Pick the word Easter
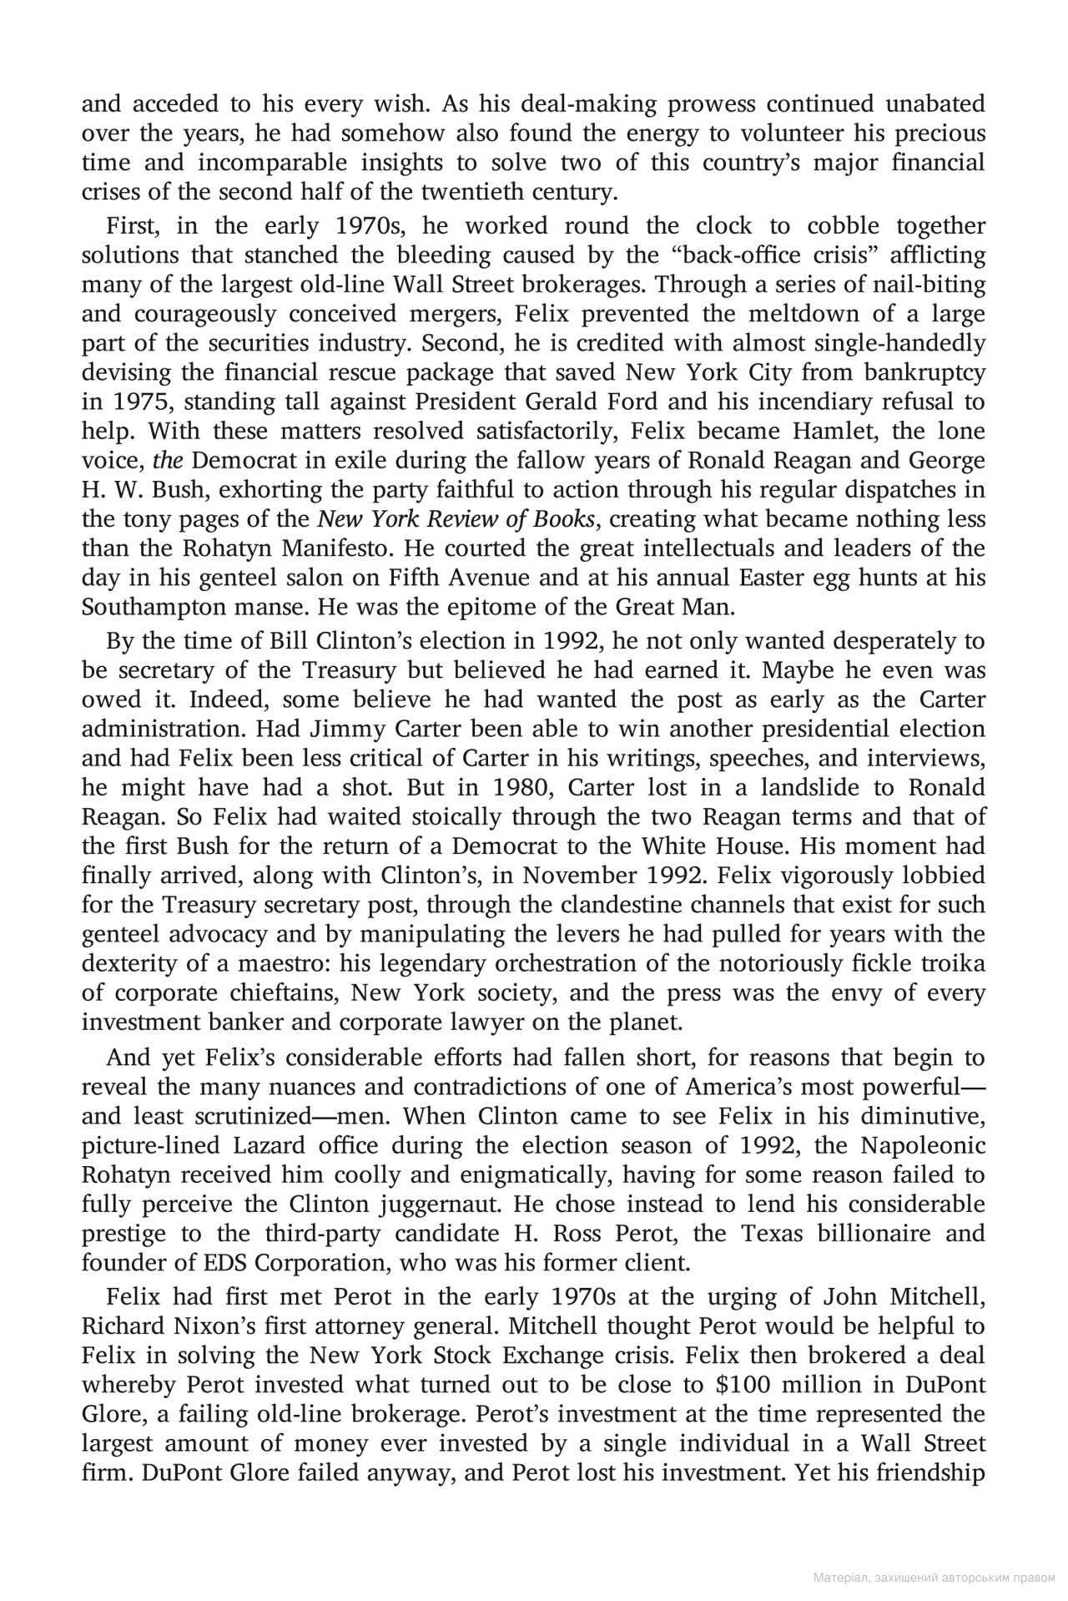point(713,578)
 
